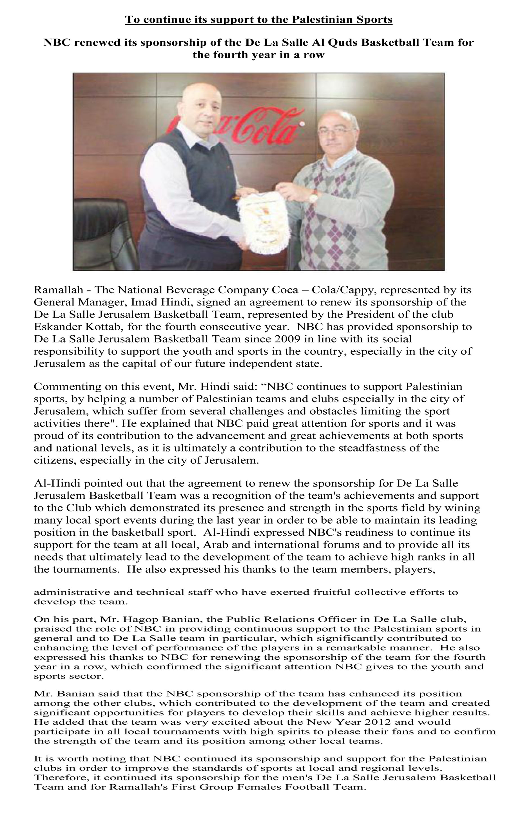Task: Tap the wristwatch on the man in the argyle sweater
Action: [313, 197]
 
